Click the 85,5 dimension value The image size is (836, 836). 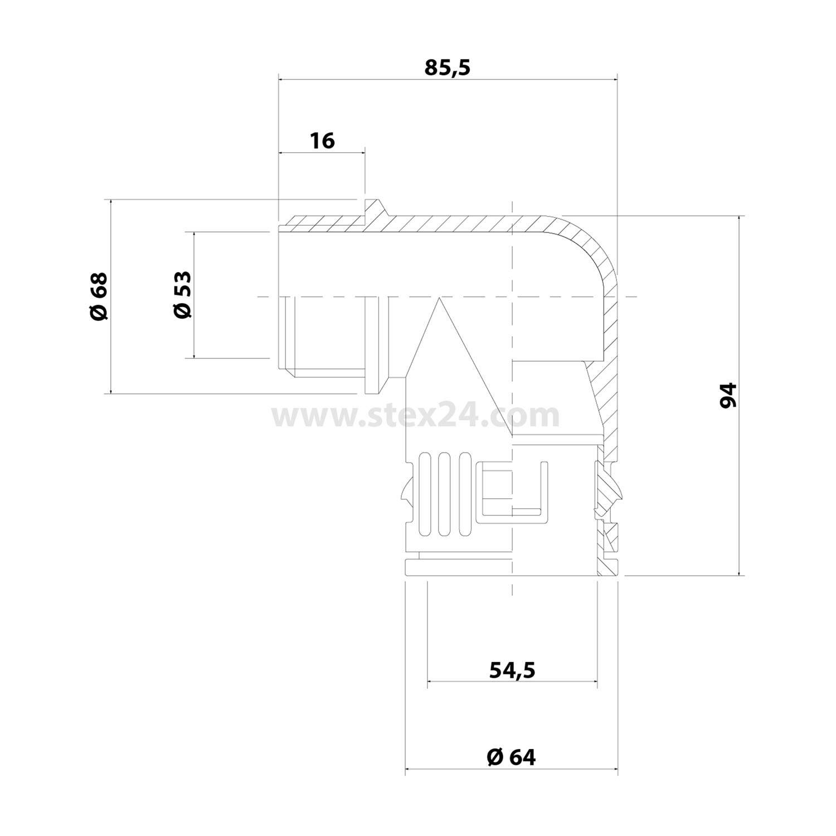point(448,67)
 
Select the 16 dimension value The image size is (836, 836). point(322,140)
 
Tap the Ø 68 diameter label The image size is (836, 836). point(98,296)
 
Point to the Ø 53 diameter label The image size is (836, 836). point(182,295)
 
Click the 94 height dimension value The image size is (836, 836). point(728,396)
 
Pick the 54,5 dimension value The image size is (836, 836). point(512,670)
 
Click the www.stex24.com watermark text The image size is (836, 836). point(415,416)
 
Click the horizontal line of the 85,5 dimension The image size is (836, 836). point(448,80)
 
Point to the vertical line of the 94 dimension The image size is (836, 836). point(740,396)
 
